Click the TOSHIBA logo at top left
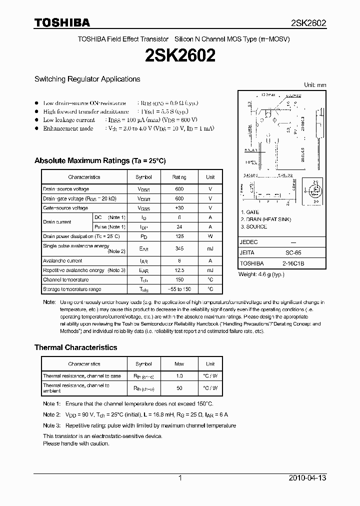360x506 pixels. pyautogui.click(x=62, y=22)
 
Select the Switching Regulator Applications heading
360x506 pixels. pyautogui.click(x=87, y=79)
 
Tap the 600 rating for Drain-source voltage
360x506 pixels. pyautogui.click(x=179, y=189)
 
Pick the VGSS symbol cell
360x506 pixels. pyautogui.click(x=143, y=208)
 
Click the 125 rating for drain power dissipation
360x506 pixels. pyautogui.click(x=179, y=236)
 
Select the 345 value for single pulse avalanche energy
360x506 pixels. pyautogui.click(x=179, y=248)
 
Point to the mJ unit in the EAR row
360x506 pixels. pyautogui.click(x=210, y=270)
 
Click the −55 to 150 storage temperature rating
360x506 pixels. pyautogui.click(x=179, y=289)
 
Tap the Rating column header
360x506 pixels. pyautogui.click(x=179, y=177)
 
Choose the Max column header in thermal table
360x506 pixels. pyautogui.click(x=179, y=364)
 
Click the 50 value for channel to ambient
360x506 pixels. pyautogui.click(x=179, y=388)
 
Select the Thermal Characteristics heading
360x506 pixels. pyautogui.click(x=75, y=347)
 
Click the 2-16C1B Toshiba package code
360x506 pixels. pyautogui.click(x=293, y=263)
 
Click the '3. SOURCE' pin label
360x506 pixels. pyautogui.click(x=254, y=226)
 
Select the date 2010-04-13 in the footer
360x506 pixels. pyautogui.click(x=307, y=478)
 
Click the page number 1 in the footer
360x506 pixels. pyautogui.click(x=180, y=478)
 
